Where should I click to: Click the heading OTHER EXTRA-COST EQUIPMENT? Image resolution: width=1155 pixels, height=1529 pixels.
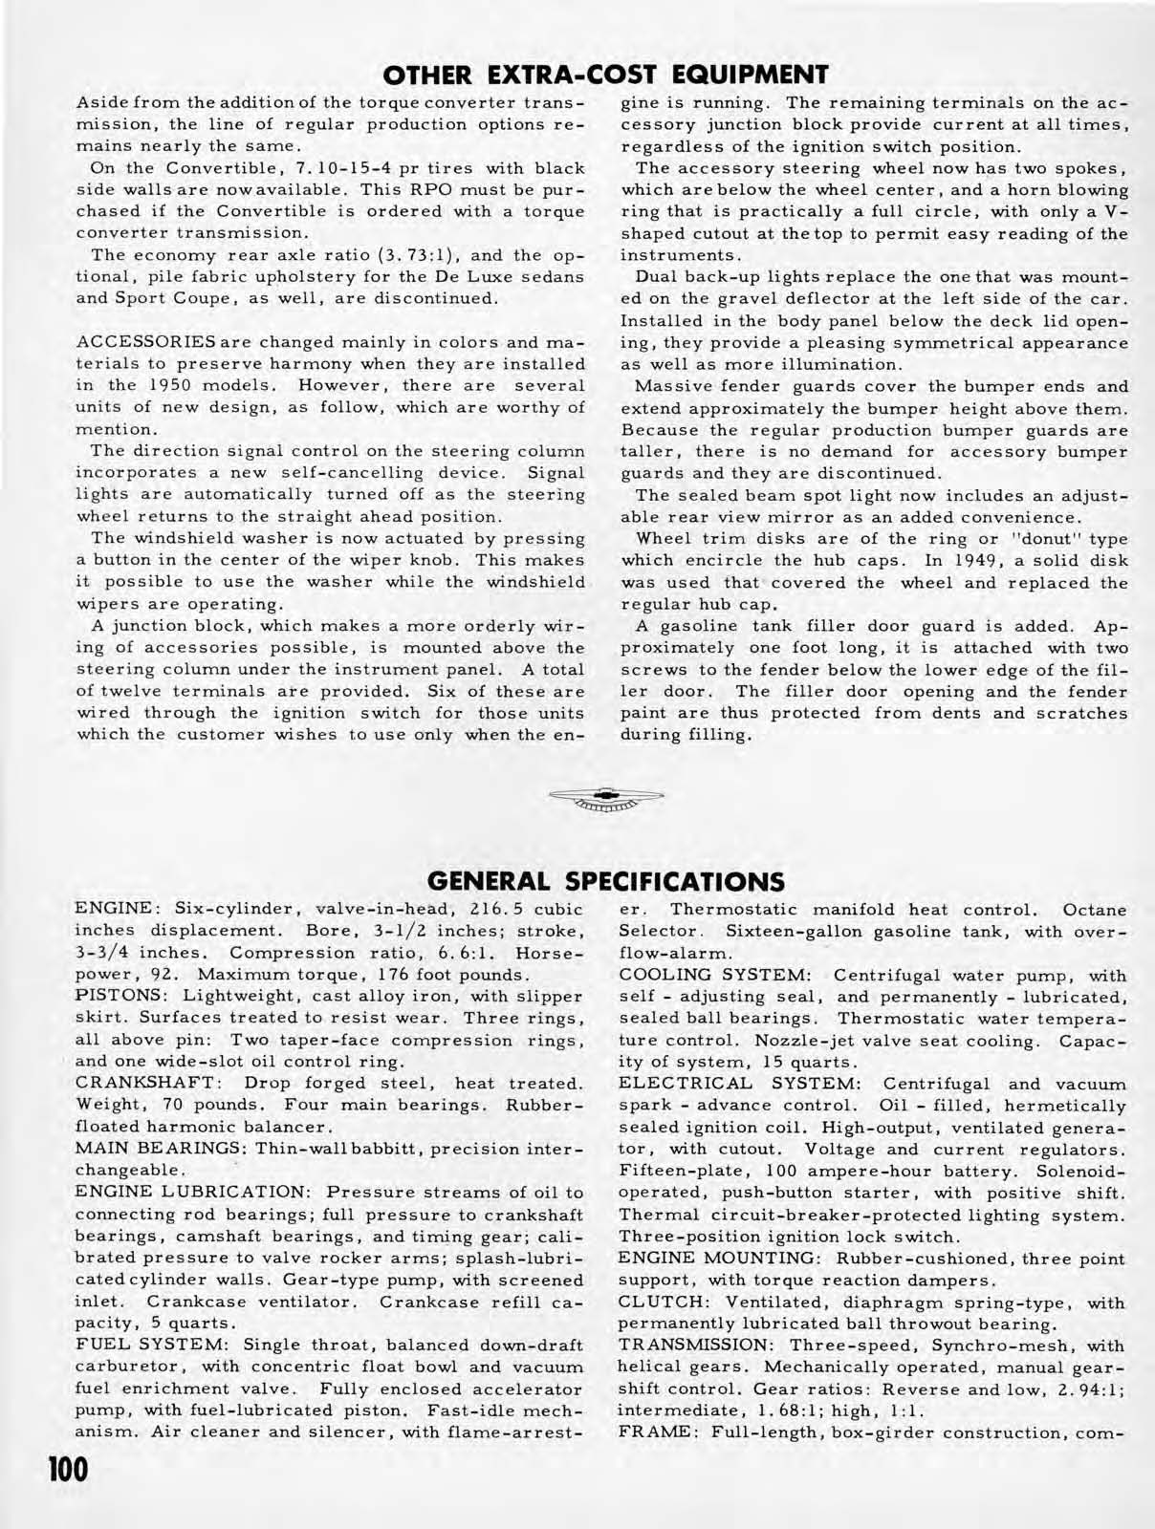603,75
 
